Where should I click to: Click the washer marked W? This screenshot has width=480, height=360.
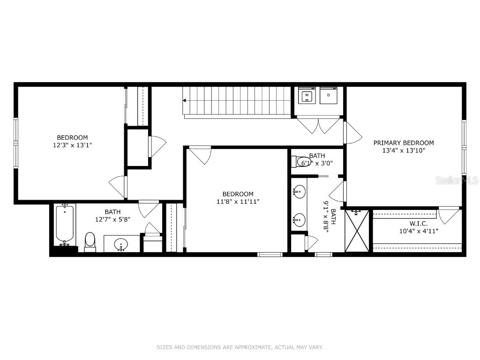(307, 96)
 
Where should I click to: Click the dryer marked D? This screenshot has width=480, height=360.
(328, 96)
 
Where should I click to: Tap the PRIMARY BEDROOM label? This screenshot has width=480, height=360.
(403, 143)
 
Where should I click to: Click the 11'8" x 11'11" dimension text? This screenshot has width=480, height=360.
(238, 202)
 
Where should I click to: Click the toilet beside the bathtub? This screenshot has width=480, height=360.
(90, 241)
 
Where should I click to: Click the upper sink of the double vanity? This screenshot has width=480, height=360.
(299, 192)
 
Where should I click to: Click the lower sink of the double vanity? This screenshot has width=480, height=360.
(299, 219)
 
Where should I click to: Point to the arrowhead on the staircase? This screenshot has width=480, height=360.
(185, 100)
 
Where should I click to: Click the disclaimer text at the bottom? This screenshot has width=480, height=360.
(240, 347)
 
